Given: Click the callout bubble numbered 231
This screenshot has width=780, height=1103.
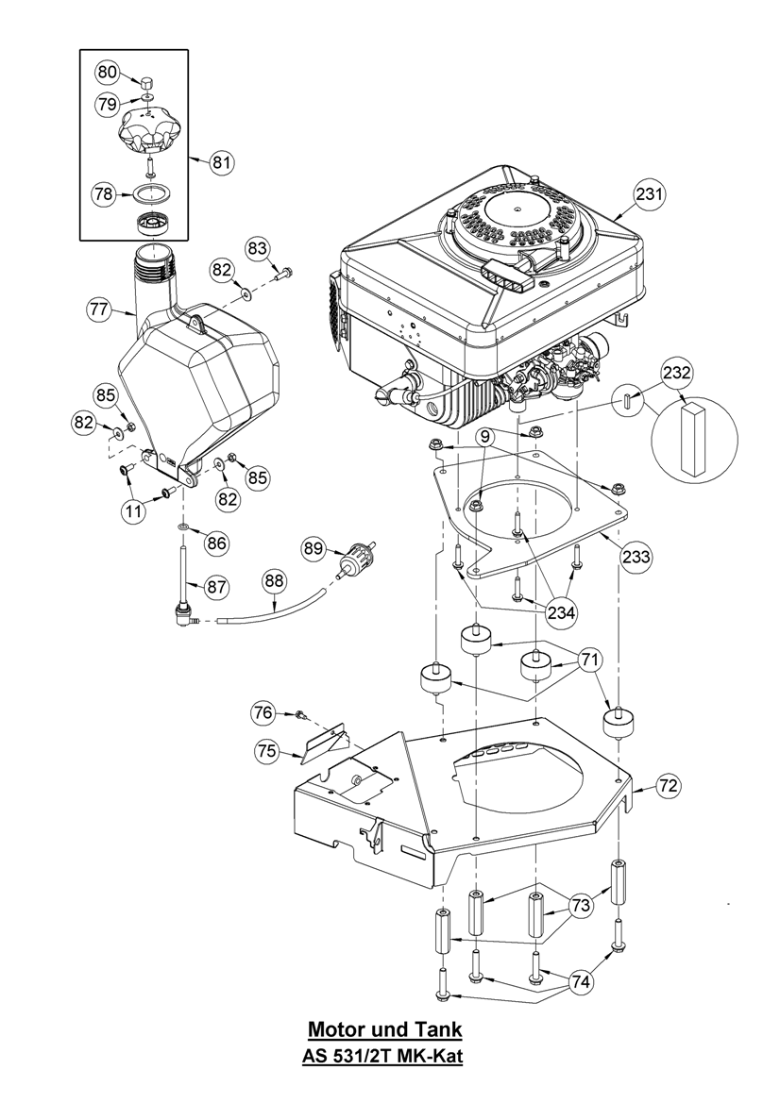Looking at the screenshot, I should click(648, 194).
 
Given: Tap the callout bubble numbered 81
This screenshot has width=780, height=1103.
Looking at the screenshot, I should click(220, 162).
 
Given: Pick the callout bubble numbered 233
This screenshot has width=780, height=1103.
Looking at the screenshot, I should click(636, 557).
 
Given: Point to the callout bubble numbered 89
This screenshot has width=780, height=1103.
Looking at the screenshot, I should click(314, 547).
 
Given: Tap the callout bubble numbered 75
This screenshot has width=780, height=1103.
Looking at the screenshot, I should click(267, 751).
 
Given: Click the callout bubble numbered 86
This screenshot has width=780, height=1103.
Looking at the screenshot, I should click(217, 543).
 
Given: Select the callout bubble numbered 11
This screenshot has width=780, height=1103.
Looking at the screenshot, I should click(134, 510).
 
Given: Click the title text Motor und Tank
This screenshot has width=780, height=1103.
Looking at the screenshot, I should click(386, 1028).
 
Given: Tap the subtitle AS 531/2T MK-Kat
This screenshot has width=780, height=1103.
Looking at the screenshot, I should click(382, 1058).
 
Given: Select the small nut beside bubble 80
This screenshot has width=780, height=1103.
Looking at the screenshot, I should click(148, 84).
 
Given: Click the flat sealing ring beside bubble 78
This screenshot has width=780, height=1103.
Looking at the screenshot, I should click(149, 194).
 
